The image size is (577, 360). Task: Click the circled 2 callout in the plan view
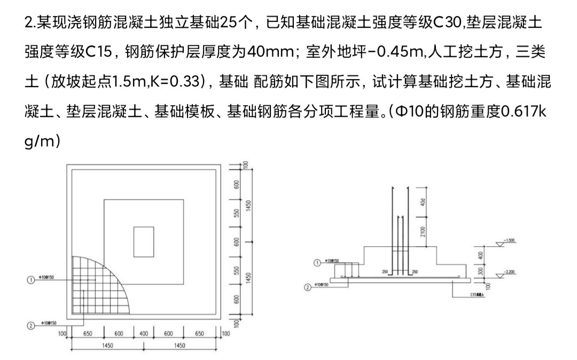pyautogui.click(x=30, y=324)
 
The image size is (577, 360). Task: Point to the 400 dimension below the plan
pyautogui.click(x=144, y=334)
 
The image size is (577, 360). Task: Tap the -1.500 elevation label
pyautogui.click(x=511, y=240)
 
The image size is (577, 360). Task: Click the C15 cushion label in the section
pyautogui.click(x=478, y=295)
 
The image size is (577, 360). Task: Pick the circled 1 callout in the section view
pyautogui.click(x=317, y=263)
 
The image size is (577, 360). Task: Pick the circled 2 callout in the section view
pyautogui.click(x=307, y=287)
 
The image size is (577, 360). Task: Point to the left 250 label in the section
pyautogui.click(x=385, y=272)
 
